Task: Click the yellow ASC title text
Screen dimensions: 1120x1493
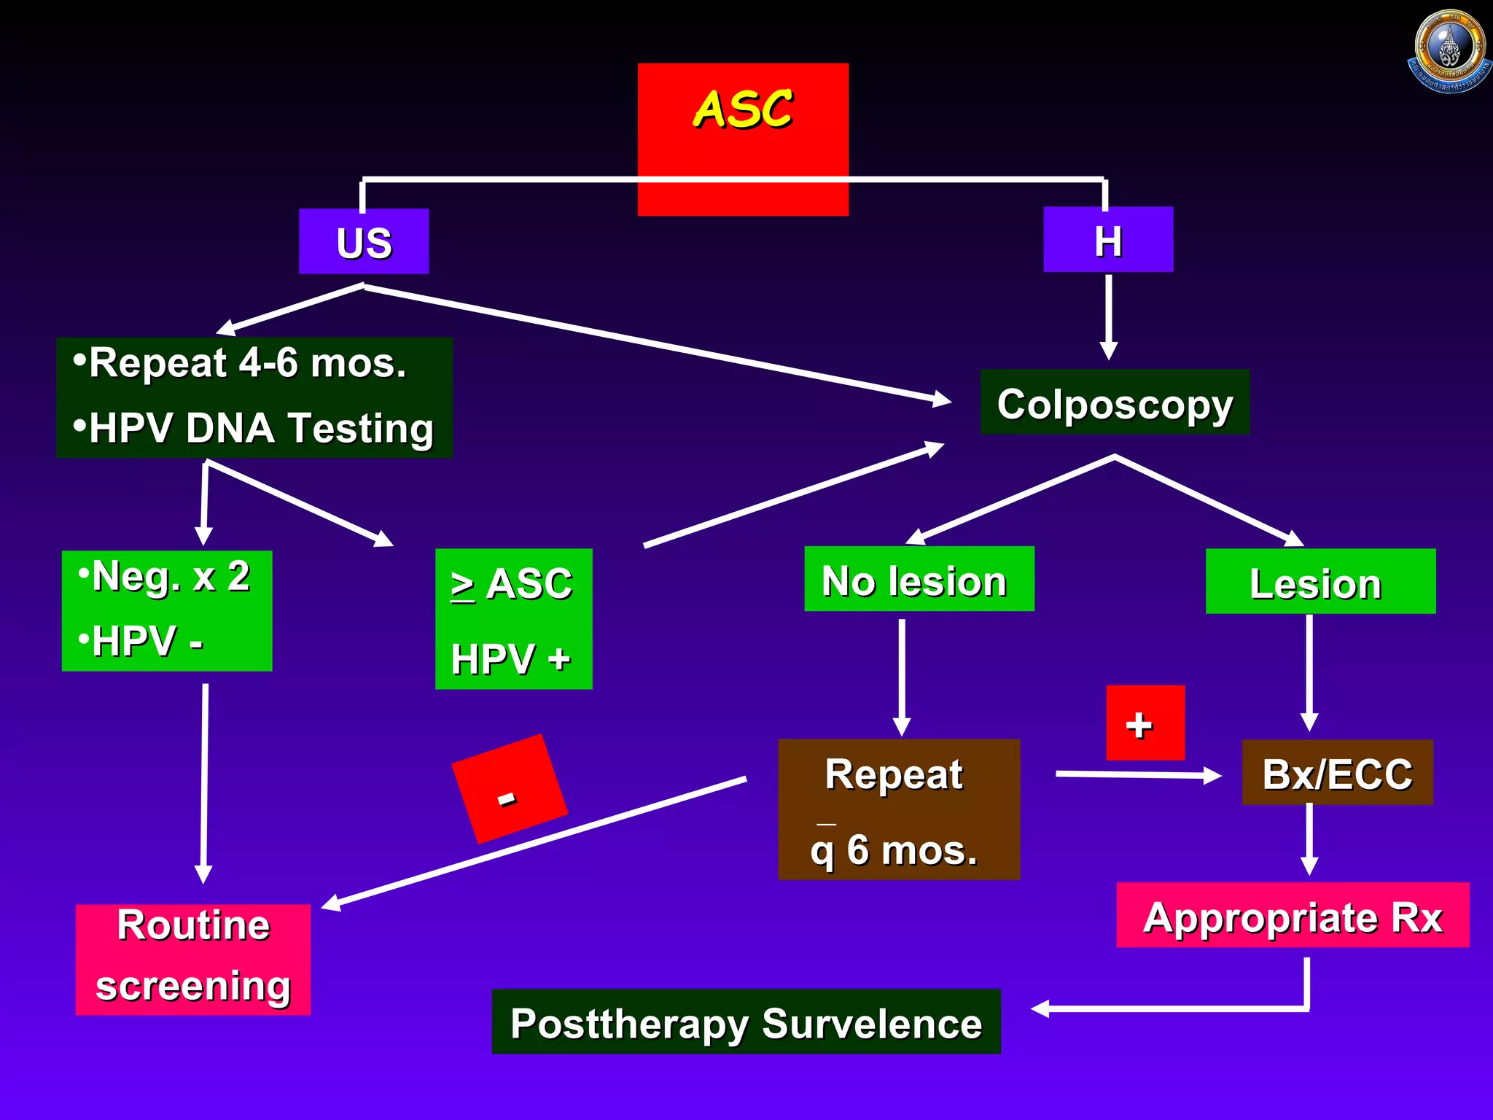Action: [742, 109]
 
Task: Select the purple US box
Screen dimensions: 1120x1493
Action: [364, 242]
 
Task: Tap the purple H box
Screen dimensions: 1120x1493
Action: [1108, 240]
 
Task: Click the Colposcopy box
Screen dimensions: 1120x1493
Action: [1115, 403]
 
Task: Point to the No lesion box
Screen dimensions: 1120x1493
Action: [919, 580]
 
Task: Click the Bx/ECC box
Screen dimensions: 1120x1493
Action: [1337, 773]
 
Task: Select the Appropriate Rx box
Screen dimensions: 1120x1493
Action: [1293, 916]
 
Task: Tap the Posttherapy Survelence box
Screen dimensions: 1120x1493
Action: [746, 1022]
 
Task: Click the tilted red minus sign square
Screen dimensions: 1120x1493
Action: [510, 789]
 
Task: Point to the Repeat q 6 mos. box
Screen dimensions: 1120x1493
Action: [898, 809]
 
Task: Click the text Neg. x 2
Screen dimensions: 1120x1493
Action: [171, 576]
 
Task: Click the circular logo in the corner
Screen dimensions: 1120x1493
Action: [1449, 51]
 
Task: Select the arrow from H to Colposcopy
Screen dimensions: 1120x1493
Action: [1108, 317]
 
